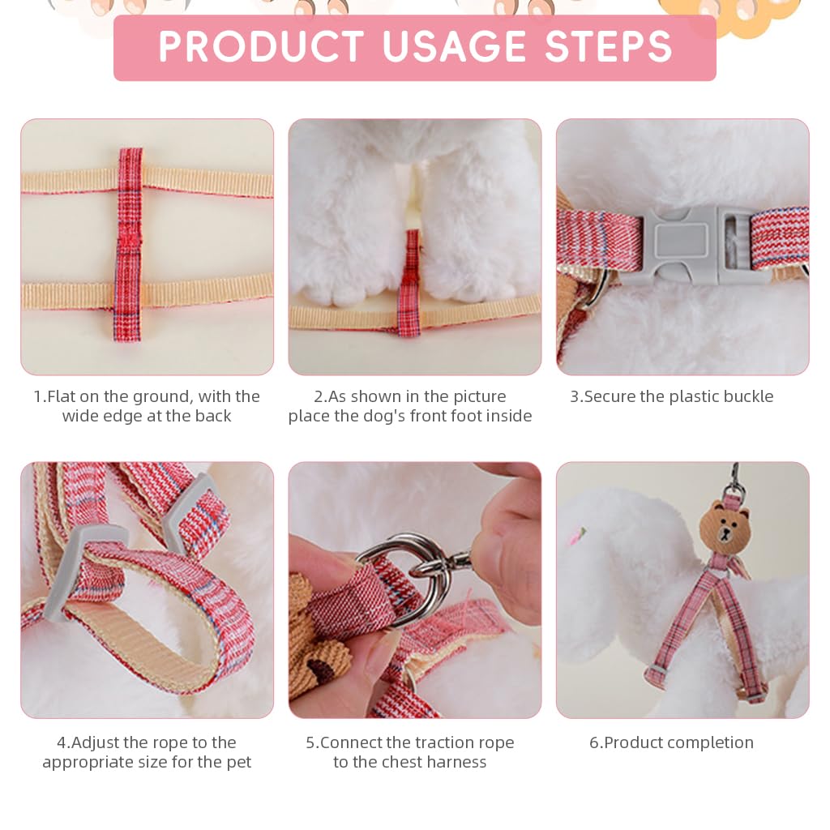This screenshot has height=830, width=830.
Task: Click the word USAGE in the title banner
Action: click(454, 46)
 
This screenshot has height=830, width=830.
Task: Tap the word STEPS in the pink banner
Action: click(609, 46)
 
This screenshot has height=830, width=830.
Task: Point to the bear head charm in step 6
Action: click(725, 525)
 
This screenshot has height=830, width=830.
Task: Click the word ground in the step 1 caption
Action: click(162, 397)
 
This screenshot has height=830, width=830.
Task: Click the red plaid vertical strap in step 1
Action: click(129, 245)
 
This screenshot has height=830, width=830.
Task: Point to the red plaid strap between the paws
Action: click(409, 283)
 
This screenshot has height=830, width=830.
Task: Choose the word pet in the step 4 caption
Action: click(238, 763)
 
